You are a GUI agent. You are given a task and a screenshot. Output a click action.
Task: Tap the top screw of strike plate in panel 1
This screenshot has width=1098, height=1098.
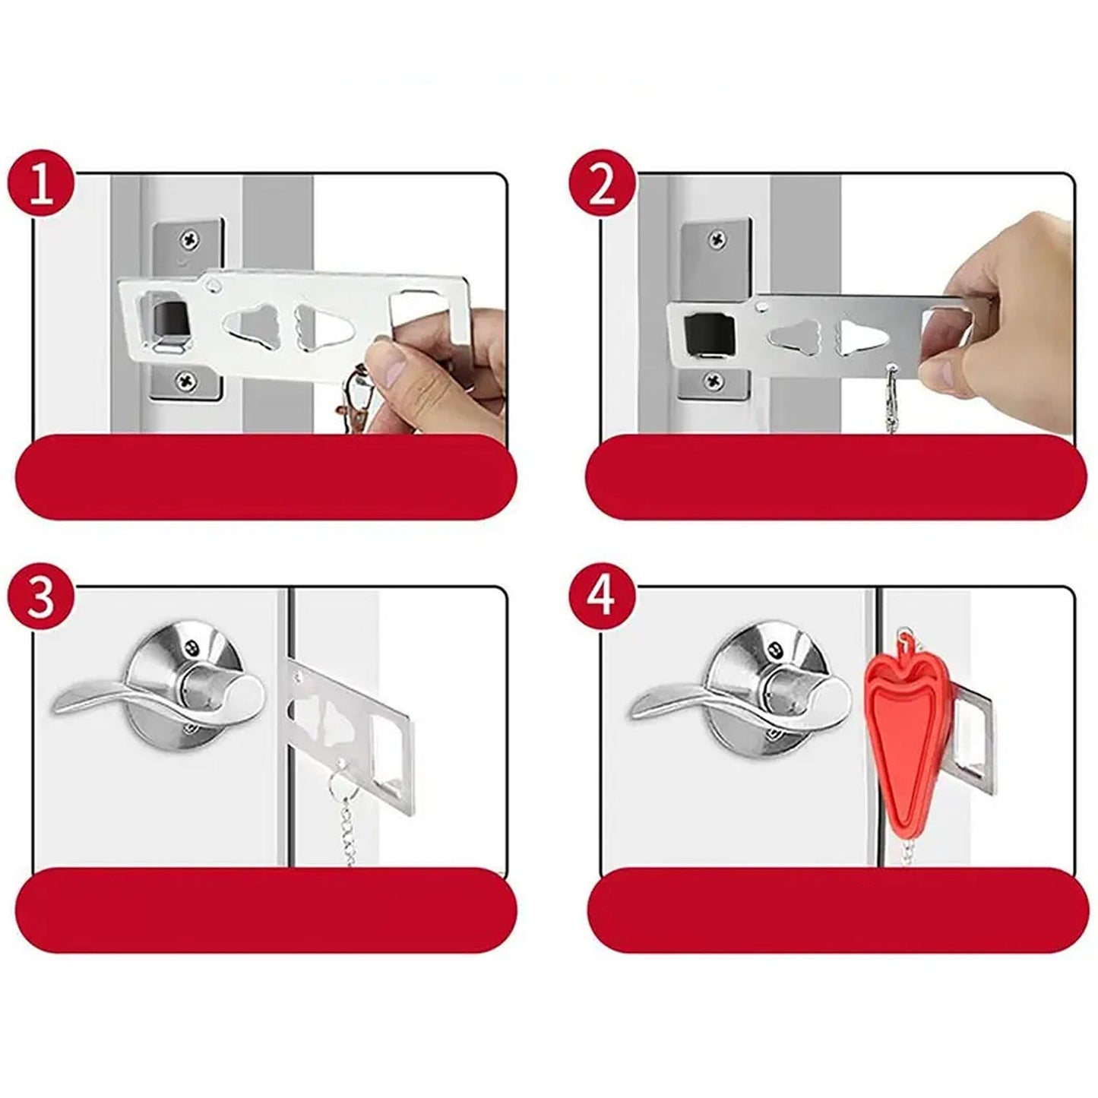pyautogui.click(x=187, y=241)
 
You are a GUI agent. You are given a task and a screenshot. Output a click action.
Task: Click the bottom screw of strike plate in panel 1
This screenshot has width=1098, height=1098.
pyautogui.click(x=185, y=378)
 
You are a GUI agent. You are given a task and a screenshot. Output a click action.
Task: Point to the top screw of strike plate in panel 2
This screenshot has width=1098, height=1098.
pyautogui.click(x=717, y=241)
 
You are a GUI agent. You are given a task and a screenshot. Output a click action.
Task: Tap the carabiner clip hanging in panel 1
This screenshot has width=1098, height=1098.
pyautogui.click(x=353, y=399)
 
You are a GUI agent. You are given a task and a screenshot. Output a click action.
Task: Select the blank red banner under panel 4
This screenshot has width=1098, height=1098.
pyautogui.click(x=836, y=910)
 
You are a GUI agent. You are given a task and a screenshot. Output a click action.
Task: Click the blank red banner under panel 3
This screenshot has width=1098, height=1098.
pyautogui.click(x=266, y=910)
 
